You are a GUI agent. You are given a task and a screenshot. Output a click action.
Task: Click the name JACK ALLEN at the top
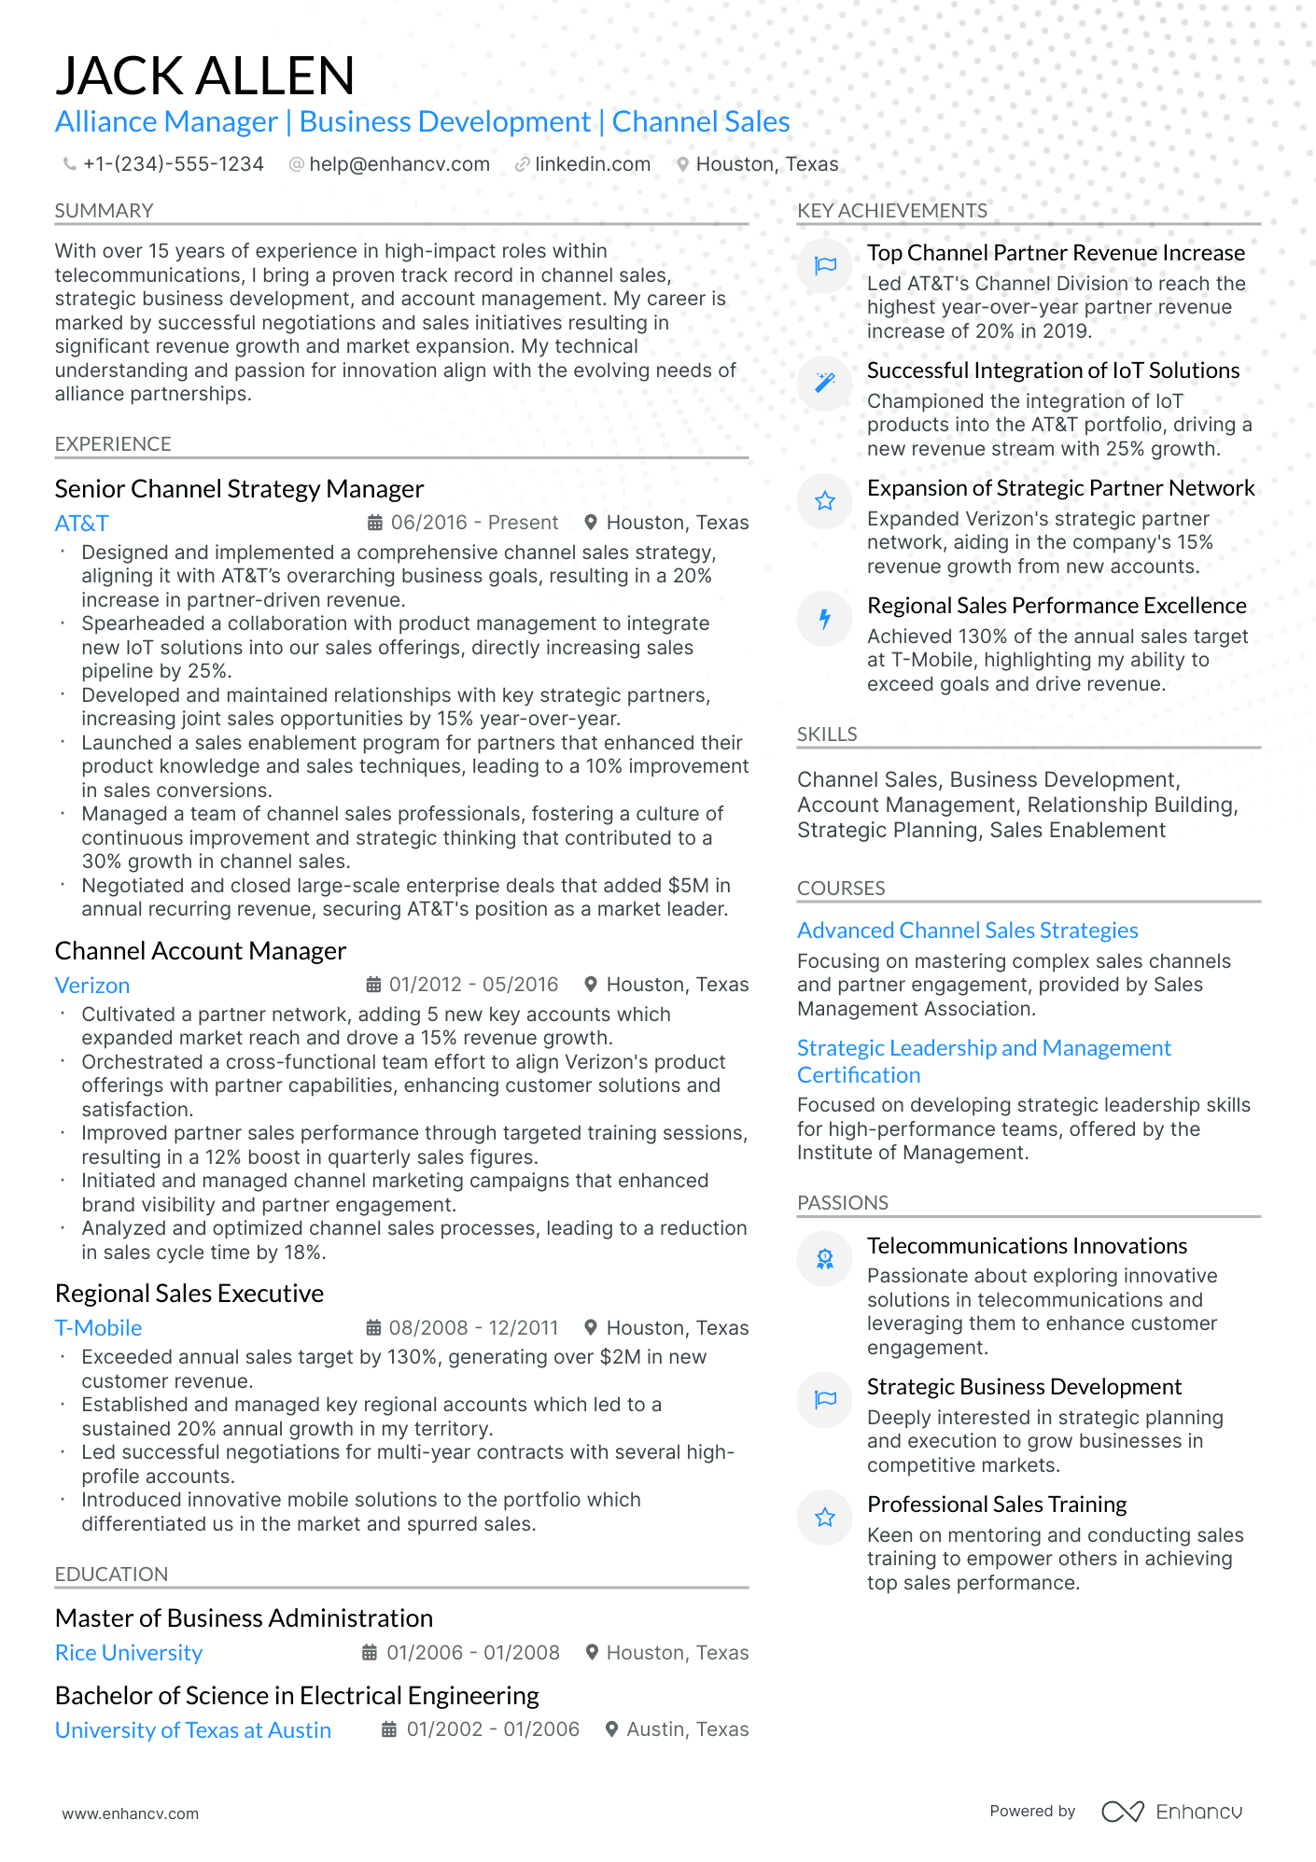click(204, 77)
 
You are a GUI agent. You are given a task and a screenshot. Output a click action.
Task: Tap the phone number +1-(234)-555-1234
click(173, 164)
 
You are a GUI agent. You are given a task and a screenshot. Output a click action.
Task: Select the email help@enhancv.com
click(399, 164)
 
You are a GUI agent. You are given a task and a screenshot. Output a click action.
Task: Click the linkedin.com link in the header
click(592, 164)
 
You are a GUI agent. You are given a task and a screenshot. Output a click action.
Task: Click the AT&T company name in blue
click(81, 524)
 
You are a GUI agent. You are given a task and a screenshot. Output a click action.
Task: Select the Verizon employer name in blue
click(92, 986)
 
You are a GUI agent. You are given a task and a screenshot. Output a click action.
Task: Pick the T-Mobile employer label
click(98, 1328)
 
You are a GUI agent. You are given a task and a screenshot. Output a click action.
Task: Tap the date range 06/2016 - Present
click(473, 523)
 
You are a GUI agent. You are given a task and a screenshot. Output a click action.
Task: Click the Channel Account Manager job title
click(200, 951)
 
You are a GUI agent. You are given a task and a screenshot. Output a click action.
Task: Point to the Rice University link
click(129, 1653)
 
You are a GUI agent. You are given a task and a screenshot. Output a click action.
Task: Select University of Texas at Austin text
click(192, 1730)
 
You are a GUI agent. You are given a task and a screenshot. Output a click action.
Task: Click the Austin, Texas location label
click(687, 1729)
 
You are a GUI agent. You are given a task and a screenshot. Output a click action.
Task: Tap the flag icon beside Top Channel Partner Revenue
click(825, 266)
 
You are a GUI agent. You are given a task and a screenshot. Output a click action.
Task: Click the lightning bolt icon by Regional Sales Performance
click(825, 619)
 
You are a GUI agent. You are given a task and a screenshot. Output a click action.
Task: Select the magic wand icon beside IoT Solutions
click(825, 383)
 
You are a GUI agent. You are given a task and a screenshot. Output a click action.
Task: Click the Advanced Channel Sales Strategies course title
click(967, 931)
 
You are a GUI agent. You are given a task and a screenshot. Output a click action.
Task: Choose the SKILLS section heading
click(826, 735)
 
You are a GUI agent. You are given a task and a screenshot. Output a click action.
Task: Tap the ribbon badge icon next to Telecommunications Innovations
click(825, 1259)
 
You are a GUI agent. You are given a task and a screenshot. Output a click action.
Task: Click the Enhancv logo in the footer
click(1171, 1812)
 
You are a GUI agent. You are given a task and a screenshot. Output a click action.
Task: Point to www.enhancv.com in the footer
click(130, 1813)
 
